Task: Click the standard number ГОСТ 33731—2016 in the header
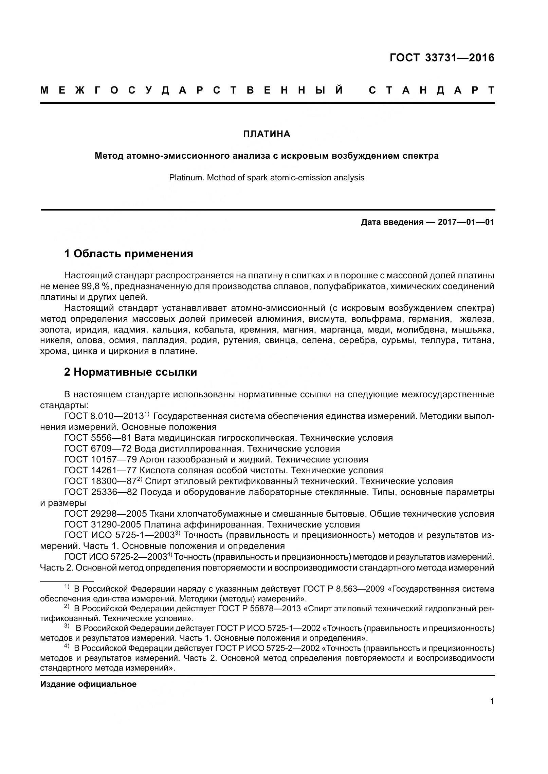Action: tap(442, 58)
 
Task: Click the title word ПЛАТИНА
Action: tap(267, 134)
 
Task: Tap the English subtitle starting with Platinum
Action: tap(267, 177)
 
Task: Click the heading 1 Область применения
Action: tap(128, 253)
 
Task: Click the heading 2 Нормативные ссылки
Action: tap(130, 372)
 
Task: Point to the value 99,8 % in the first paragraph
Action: tap(96, 286)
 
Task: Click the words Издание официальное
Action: tap(88, 684)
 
